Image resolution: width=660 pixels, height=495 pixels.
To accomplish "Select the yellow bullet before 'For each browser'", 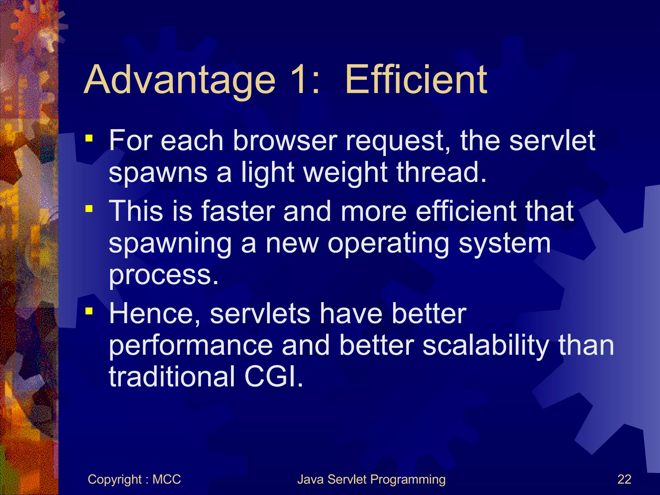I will tap(89, 139).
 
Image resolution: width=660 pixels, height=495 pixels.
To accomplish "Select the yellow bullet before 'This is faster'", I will tap(89, 209).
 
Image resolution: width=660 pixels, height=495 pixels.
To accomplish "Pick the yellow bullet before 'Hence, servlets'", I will tap(89, 311).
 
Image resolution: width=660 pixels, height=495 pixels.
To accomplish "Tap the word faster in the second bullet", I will tap(238, 211).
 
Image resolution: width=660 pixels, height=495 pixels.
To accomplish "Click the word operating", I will tap(388, 244).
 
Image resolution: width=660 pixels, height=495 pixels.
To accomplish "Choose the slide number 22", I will tap(624, 480).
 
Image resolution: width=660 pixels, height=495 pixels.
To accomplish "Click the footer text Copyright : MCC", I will tap(134, 480).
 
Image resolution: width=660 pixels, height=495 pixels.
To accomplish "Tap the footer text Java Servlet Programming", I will tap(371, 480).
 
